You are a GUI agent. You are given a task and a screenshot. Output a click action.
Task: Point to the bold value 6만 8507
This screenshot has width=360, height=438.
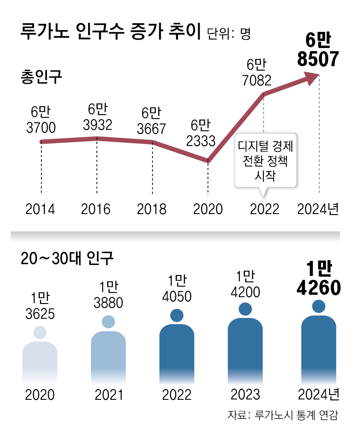pyautogui.click(x=318, y=50)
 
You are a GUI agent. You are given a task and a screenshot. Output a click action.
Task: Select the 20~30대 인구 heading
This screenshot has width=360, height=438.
pyautogui.click(x=67, y=259)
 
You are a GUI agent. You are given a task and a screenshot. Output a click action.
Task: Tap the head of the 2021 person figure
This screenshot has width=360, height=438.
pyautogui.click(x=108, y=322)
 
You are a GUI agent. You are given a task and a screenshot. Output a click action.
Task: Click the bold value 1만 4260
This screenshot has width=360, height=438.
pyautogui.click(x=318, y=280)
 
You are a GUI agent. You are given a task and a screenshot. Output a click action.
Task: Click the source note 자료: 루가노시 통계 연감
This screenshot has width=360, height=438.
pyautogui.click(x=283, y=415)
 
